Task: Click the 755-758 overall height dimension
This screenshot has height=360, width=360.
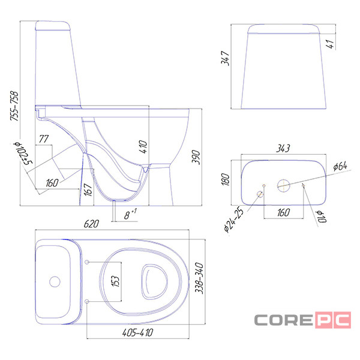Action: tap(14, 106)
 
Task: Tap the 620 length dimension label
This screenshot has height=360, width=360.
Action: tap(91, 224)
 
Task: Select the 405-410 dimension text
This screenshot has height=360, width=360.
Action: tap(138, 332)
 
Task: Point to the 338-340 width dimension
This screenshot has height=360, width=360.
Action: tap(199, 278)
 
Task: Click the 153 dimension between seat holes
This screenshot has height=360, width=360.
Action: tap(115, 281)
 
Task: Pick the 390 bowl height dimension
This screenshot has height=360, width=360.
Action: tap(196, 157)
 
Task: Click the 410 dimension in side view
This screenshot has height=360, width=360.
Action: tap(143, 147)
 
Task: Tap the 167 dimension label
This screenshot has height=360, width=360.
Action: tap(88, 190)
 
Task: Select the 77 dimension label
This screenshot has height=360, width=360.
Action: tap(44, 139)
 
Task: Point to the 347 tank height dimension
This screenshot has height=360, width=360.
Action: tap(225, 58)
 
